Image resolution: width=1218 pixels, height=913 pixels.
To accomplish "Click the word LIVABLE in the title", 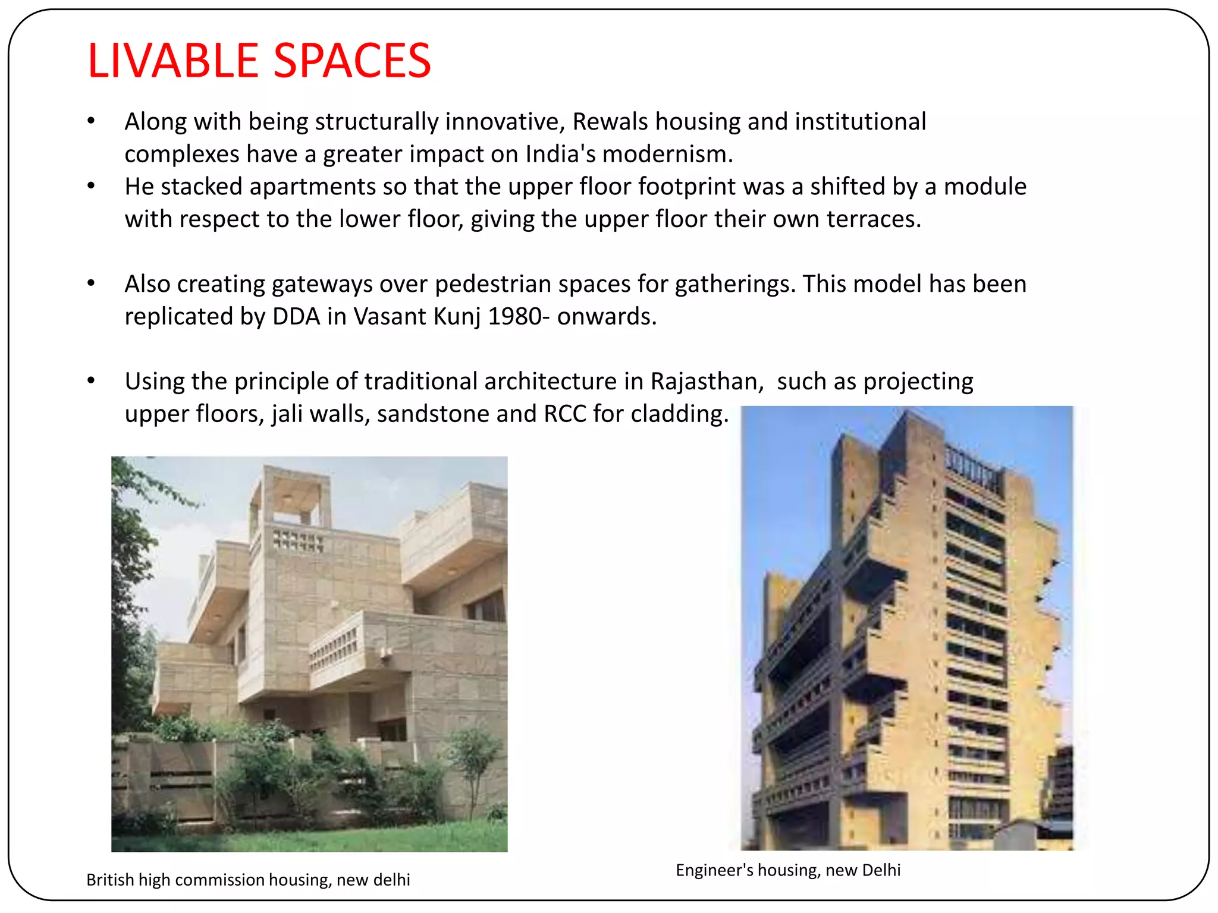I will coord(172,61).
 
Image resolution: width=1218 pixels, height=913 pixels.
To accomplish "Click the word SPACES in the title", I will coord(352,61).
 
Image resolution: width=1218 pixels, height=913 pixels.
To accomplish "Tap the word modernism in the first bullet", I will coord(667,155).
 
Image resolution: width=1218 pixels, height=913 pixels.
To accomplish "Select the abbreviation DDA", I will coord(296,317).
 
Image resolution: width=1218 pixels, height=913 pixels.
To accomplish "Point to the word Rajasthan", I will coord(707,382).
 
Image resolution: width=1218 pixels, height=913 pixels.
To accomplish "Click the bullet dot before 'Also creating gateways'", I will coord(91,283).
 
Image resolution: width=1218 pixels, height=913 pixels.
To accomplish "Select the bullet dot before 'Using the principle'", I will coord(91,380).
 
